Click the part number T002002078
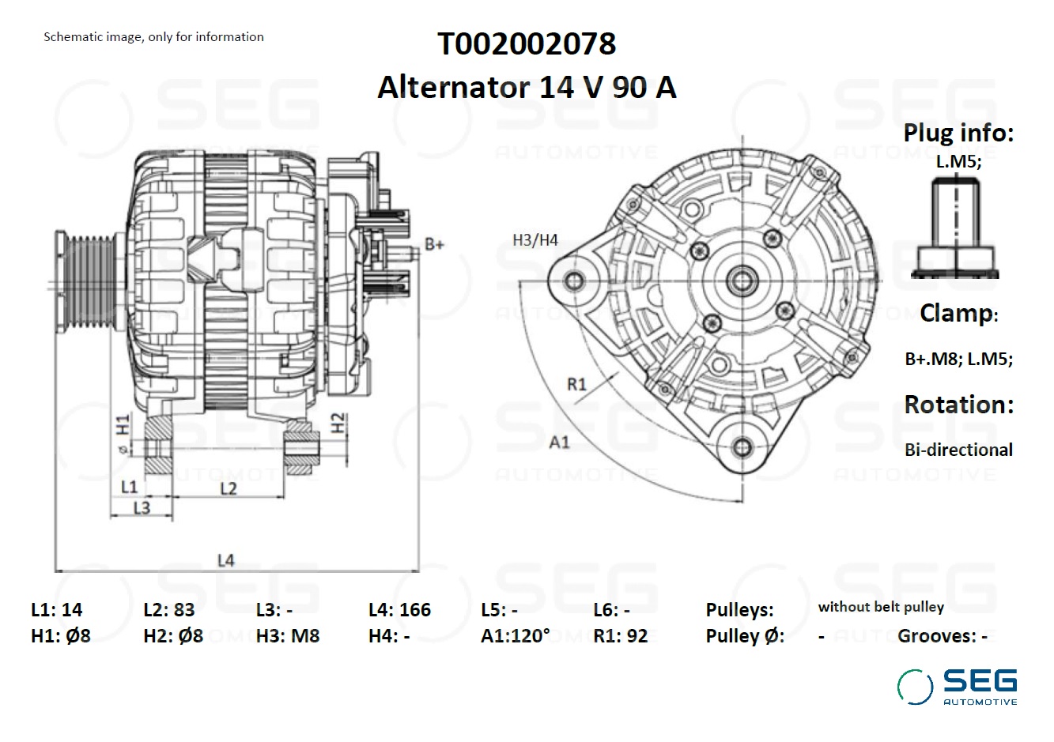click(527, 44)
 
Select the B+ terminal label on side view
click(434, 244)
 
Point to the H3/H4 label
click(535, 239)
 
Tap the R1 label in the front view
click(577, 384)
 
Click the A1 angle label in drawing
click(559, 442)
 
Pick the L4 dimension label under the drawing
click(225, 560)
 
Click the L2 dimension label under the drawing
click(228, 488)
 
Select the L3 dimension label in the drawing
click(142, 507)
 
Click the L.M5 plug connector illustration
click(955, 228)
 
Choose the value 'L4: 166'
click(399, 610)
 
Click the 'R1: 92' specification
click(620, 636)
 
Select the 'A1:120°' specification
click(515, 636)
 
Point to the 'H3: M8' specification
click(288, 636)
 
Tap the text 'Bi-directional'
click(958, 450)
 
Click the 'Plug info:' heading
click(958, 133)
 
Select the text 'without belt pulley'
click(881, 607)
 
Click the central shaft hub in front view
click(742, 280)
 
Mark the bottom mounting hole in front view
click(742, 448)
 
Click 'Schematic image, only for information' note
click(153, 37)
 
